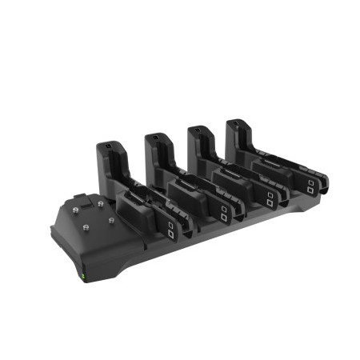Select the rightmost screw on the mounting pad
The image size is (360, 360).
[110, 216]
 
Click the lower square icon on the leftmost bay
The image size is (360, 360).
[171, 237]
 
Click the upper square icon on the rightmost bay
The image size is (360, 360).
[310, 182]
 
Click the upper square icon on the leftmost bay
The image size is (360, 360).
[171, 227]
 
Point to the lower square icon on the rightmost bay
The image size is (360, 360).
[310, 191]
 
